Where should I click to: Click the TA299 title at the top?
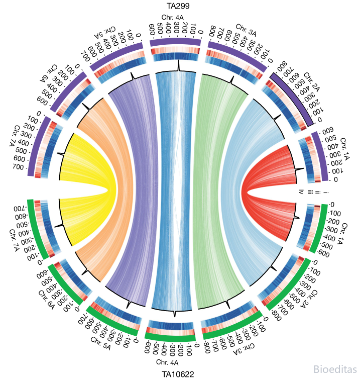[178, 6]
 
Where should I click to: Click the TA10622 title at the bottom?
[178, 374]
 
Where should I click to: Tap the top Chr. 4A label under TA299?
[172, 18]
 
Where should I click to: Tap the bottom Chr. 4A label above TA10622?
[167, 362]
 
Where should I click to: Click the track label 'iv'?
[301, 192]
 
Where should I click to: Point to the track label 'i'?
[328, 193]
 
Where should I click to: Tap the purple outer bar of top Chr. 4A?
[175, 42]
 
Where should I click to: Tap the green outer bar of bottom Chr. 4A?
[170, 337]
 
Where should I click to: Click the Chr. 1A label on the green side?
[342, 233]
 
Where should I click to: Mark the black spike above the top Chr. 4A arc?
[178, 66]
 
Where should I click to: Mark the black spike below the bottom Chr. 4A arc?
[175, 314]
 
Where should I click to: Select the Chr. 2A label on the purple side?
[311, 82]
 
